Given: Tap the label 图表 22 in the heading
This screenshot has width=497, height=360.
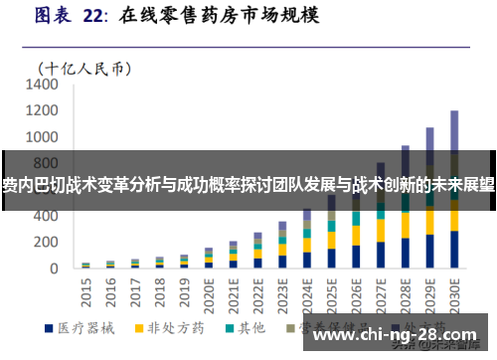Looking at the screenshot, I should pyautogui.click(x=68, y=16).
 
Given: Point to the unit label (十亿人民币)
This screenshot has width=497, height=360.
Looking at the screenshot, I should pyautogui.click(x=84, y=69).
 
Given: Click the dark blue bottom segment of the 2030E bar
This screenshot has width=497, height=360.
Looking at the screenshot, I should pyautogui.click(x=454, y=250).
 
